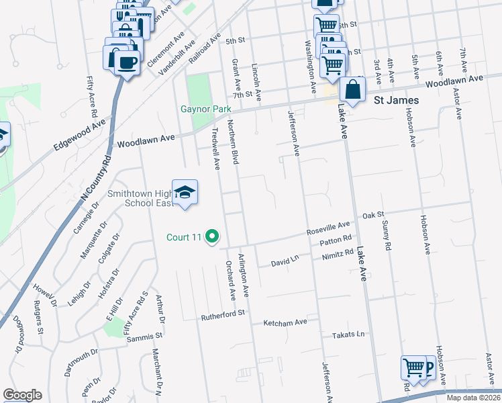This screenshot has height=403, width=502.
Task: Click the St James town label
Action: point(395,100)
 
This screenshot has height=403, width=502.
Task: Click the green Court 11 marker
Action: point(212,236)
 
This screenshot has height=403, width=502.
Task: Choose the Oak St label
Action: point(372,216)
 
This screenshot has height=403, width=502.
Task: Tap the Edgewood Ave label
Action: point(81,134)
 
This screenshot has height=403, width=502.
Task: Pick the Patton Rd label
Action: point(336,240)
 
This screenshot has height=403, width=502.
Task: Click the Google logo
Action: point(22,395)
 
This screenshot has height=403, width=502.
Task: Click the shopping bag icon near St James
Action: point(352,89)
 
